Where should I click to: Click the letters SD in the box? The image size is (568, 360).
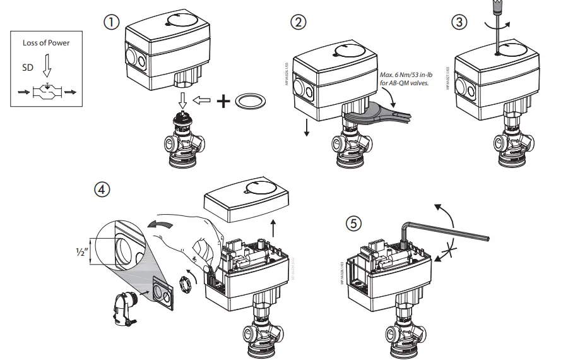coord(28,66)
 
